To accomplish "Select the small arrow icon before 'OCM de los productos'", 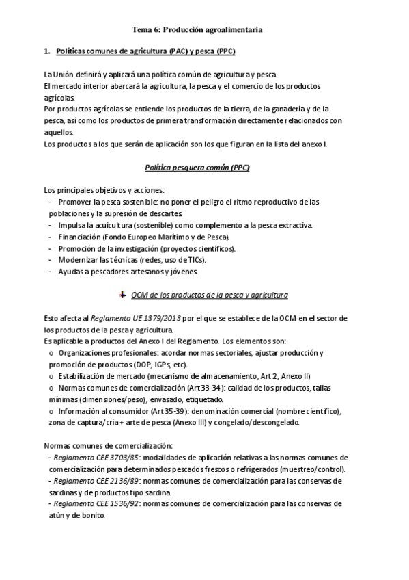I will [x=122, y=294].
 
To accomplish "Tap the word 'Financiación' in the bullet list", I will [x=79, y=237].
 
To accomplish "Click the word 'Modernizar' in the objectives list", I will [x=77, y=260].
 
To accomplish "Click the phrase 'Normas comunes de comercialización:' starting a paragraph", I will [x=102, y=445].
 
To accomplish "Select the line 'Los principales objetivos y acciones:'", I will [x=103, y=189].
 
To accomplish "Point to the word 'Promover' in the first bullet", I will [x=75, y=202].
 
